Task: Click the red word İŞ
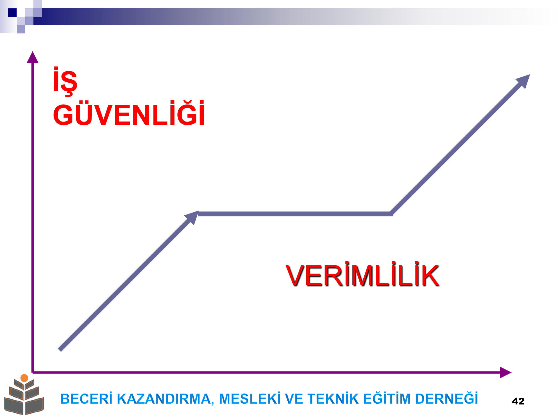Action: (x=65, y=81)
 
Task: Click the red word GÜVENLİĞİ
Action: (x=129, y=113)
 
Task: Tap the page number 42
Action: (x=518, y=401)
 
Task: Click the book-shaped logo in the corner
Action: (x=24, y=395)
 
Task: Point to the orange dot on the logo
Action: (x=24, y=378)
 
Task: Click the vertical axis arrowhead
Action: (x=33, y=57)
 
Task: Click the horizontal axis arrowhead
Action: (x=505, y=372)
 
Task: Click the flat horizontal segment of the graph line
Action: (x=295, y=214)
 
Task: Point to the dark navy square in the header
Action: (x=12, y=13)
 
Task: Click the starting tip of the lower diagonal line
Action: (x=59, y=350)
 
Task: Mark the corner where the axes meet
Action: (x=33, y=372)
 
